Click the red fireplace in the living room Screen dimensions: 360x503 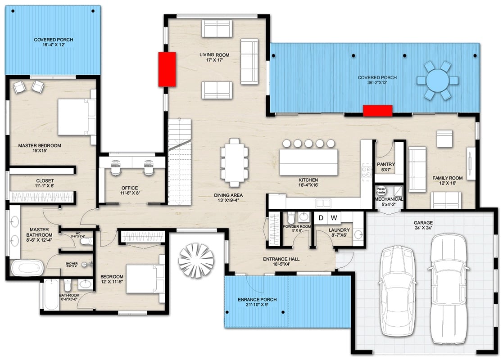[167, 69]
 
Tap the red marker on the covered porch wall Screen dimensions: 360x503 [377, 110]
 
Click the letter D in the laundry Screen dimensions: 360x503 [321, 218]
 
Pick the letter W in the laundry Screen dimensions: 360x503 [334, 218]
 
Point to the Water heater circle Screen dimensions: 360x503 [381, 190]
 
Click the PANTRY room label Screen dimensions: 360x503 [385, 165]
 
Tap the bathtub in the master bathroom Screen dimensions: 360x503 [27, 268]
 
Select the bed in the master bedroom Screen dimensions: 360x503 [75, 117]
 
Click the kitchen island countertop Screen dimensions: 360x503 [308, 162]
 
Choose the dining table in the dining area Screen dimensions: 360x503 [234, 162]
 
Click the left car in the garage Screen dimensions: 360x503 [399, 290]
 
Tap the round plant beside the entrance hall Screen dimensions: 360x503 [196, 260]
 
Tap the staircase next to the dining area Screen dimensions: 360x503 [180, 162]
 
